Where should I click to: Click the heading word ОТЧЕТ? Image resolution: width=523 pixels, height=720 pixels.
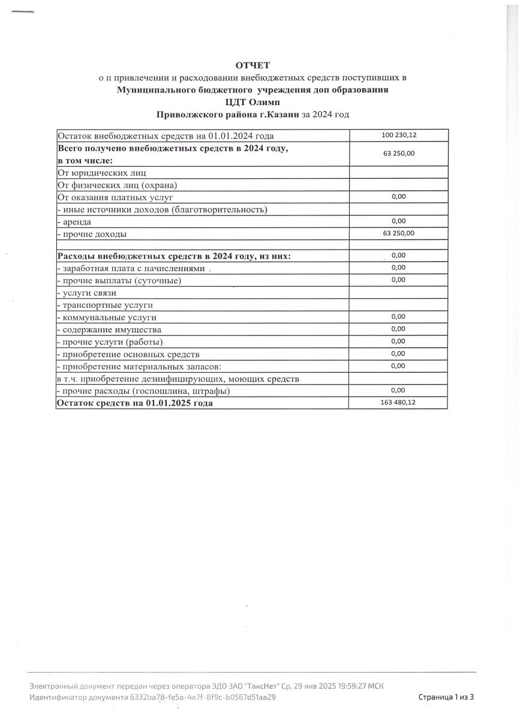(x=253, y=65)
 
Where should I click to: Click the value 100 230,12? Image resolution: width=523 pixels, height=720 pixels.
(x=398, y=135)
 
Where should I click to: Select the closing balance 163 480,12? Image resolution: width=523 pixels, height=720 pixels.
(x=398, y=403)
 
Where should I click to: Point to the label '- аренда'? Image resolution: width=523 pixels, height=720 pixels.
(x=74, y=221)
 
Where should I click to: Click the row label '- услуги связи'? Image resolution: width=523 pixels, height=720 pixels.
(x=86, y=293)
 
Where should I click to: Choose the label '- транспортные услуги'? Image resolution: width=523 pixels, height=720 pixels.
(x=104, y=305)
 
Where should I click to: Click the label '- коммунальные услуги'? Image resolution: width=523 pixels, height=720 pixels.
(x=107, y=317)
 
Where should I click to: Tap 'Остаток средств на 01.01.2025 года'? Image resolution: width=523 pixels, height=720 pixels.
(x=134, y=403)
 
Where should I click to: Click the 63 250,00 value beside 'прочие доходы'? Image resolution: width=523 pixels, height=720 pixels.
(x=398, y=233)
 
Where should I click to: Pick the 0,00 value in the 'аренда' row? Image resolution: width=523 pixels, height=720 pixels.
(x=398, y=221)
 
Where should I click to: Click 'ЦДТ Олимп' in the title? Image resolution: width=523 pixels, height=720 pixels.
(x=253, y=101)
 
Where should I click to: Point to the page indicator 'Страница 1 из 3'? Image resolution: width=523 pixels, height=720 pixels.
(x=446, y=697)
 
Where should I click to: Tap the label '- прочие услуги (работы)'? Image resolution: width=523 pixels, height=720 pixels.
(x=110, y=342)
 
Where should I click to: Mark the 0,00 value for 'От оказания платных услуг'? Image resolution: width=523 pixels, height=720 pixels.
(x=398, y=196)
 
